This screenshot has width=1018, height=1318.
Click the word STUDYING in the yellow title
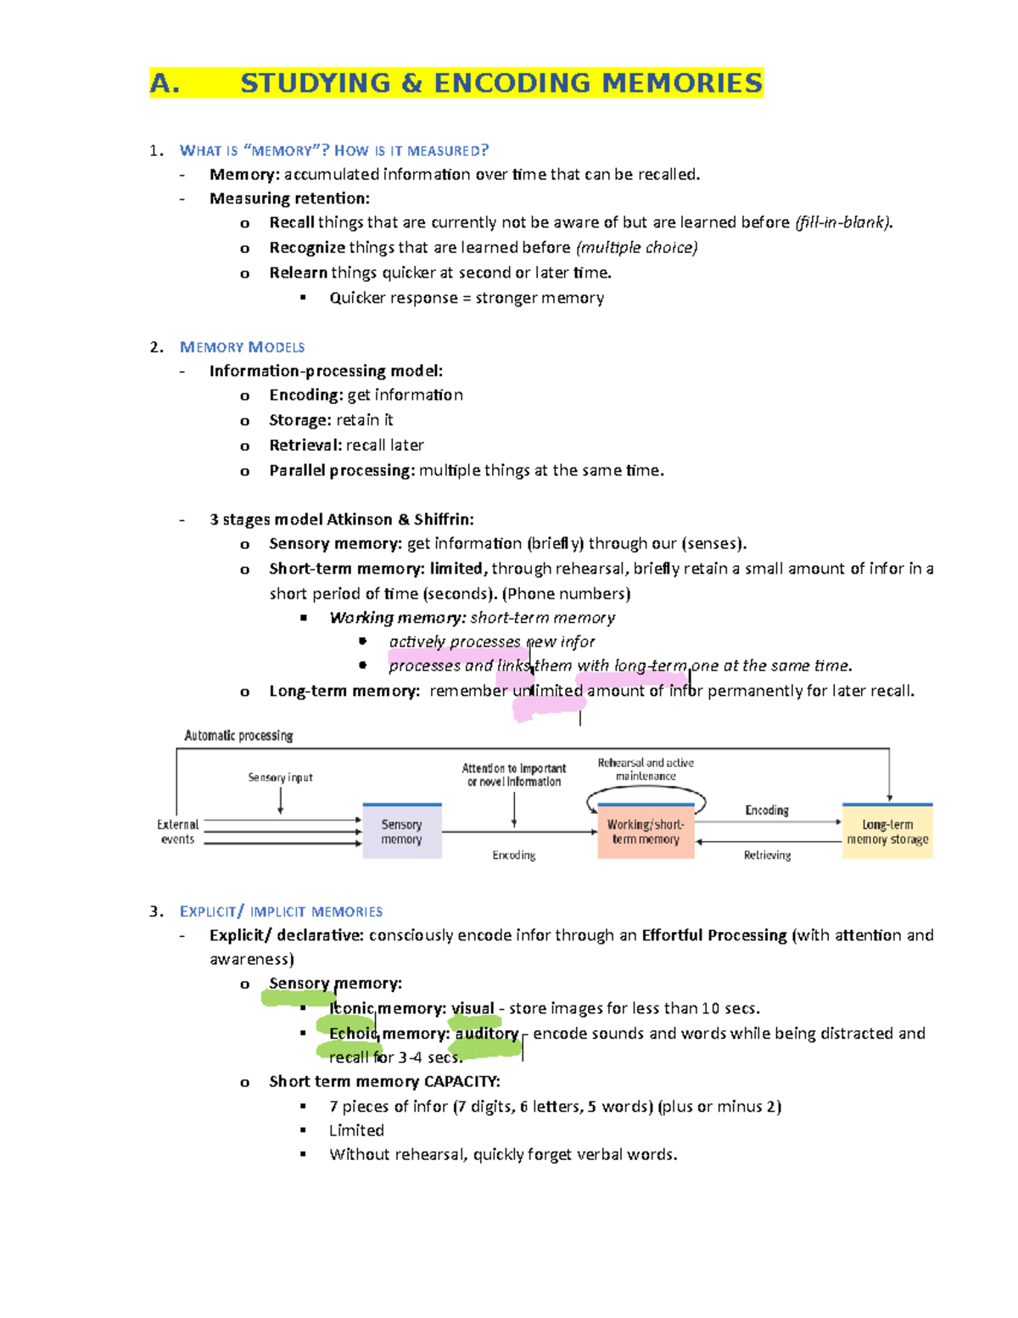[x=316, y=83]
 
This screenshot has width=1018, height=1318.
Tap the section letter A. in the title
[x=165, y=83]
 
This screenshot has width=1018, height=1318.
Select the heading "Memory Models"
[x=242, y=347]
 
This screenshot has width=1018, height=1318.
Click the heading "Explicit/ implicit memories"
[x=281, y=911]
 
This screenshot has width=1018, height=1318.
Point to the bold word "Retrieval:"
[x=305, y=446]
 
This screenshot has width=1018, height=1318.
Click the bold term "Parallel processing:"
[x=342, y=470]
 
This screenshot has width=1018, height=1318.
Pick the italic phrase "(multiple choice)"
[x=637, y=248]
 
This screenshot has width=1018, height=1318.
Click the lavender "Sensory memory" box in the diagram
[x=402, y=832]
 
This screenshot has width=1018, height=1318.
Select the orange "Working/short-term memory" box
[x=646, y=832]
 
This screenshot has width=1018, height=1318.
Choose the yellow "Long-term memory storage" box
[x=887, y=832]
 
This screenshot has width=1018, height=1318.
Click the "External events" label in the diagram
[x=177, y=832]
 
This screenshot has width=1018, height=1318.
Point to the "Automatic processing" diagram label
[x=238, y=736]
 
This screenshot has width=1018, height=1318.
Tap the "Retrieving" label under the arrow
[x=767, y=855]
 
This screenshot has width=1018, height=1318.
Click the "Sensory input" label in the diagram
[x=280, y=777]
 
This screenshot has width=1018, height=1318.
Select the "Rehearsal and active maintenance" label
[x=646, y=769]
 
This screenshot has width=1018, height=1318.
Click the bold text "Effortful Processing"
[x=714, y=935]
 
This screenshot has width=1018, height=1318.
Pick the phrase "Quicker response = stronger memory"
[x=467, y=298]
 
